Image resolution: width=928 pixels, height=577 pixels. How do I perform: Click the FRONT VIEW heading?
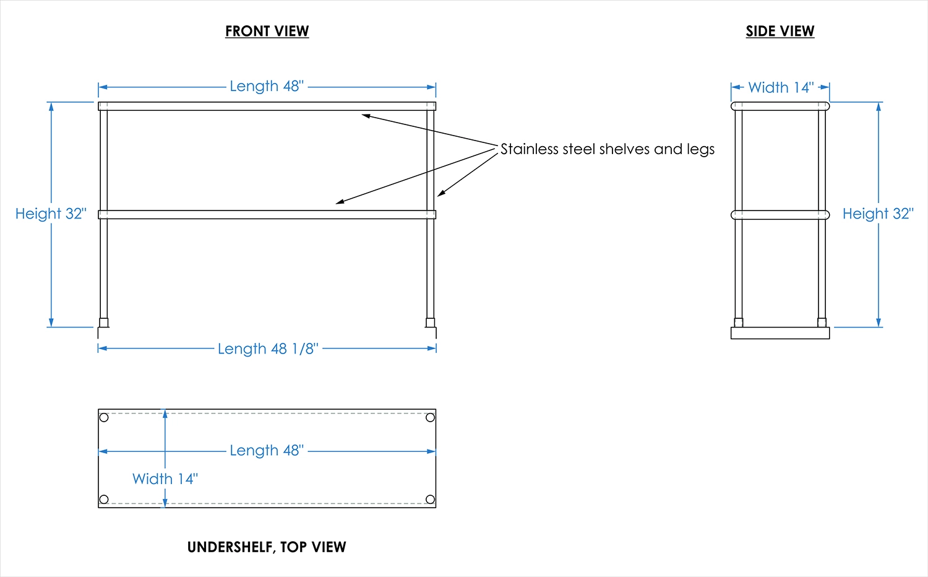click(267, 31)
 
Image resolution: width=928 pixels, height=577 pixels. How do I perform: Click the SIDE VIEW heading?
click(780, 31)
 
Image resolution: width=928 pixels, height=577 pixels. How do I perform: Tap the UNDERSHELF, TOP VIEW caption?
click(267, 547)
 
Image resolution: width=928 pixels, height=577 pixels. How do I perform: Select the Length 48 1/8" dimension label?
click(268, 349)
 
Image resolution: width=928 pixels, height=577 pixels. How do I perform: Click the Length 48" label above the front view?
click(267, 86)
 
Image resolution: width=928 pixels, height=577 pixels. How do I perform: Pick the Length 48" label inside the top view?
click(267, 450)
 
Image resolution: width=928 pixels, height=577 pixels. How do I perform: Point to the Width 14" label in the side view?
click(781, 87)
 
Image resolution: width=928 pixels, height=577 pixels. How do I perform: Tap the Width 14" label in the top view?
click(165, 479)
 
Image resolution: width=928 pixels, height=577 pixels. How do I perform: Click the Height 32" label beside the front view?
click(51, 214)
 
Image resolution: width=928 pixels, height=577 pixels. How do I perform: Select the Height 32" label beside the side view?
click(878, 214)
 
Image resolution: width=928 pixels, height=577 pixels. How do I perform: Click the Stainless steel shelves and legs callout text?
click(607, 149)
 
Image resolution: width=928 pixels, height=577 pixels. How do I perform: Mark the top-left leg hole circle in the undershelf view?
click(104, 417)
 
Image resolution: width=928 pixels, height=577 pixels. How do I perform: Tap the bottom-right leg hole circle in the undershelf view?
click(430, 500)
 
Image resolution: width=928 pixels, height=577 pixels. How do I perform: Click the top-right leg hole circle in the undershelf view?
click(430, 417)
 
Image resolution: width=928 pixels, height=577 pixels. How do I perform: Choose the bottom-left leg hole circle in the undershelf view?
click(104, 500)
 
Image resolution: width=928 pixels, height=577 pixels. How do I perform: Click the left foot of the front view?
click(104, 323)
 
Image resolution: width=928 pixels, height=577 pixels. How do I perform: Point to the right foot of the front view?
click(430, 323)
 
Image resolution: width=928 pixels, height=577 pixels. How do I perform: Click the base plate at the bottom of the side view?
click(780, 333)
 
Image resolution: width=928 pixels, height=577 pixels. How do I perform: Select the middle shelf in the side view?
click(780, 215)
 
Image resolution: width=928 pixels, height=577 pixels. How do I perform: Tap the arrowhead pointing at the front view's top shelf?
click(366, 115)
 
